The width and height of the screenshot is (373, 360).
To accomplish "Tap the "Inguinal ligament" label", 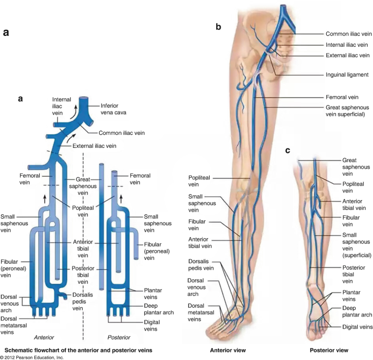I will click(347, 75).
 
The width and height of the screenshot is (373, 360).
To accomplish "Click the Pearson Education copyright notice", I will click(33, 357).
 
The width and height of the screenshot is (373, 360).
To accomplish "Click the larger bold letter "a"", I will click(6, 33).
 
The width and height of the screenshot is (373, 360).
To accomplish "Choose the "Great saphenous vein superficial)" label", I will click(348, 110).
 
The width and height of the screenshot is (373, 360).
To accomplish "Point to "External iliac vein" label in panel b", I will click(347, 55).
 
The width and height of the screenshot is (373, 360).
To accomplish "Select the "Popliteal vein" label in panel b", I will click(199, 181).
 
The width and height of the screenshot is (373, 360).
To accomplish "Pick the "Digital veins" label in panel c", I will click(357, 326).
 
